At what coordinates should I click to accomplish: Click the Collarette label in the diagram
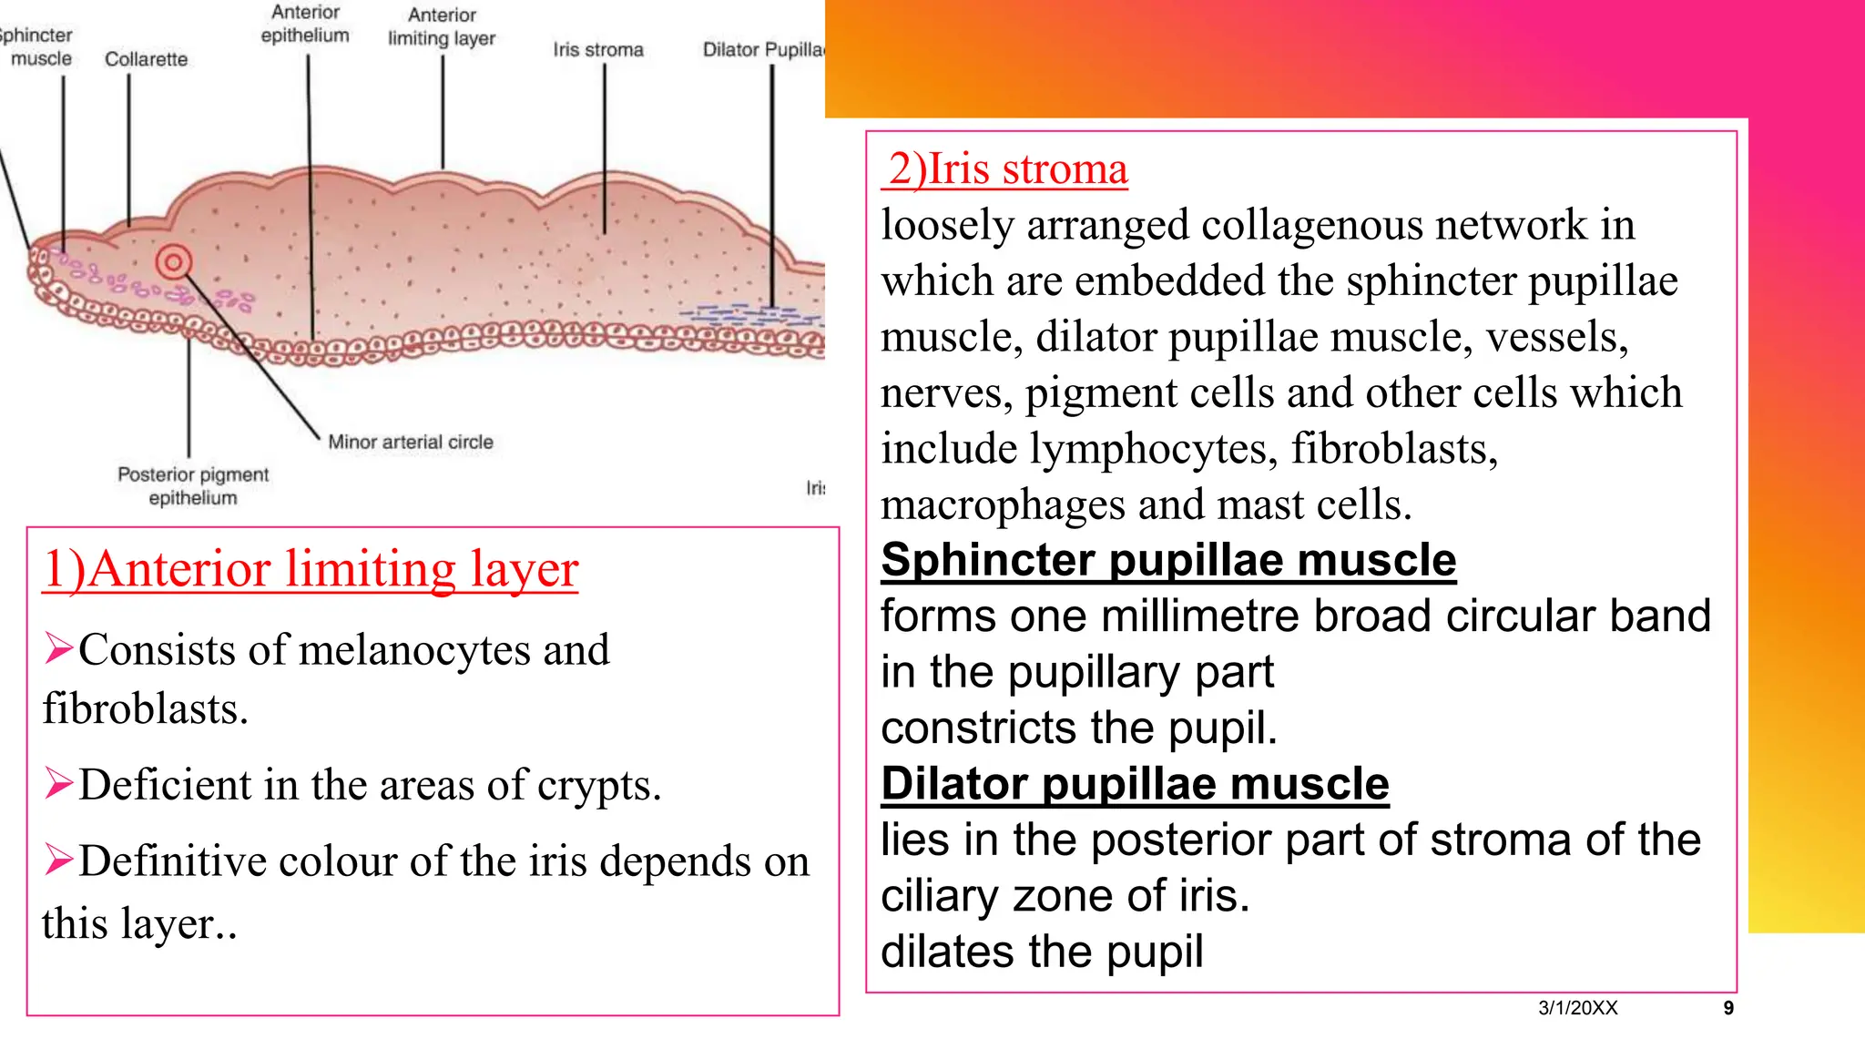(x=146, y=59)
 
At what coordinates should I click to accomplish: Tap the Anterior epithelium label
(x=305, y=24)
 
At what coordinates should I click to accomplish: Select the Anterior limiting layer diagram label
(x=442, y=26)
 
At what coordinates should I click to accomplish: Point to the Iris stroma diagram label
(x=598, y=50)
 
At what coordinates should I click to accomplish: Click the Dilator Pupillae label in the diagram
(x=763, y=50)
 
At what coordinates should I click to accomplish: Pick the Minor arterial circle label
(x=411, y=442)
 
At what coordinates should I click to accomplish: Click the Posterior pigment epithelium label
(x=193, y=485)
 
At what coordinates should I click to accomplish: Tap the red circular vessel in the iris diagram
(x=173, y=262)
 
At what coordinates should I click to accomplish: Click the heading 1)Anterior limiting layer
(x=311, y=569)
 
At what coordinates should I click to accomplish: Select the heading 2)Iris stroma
(x=1006, y=169)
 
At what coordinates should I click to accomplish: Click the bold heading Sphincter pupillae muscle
(x=1168, y=559)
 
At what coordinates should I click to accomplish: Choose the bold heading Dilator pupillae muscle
(x=1135, y=783)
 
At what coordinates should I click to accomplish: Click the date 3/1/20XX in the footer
(x=1578, y=1008)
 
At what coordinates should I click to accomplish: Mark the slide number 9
(x=1728, y=1008)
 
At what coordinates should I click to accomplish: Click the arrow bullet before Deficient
(x=59, y=783)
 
